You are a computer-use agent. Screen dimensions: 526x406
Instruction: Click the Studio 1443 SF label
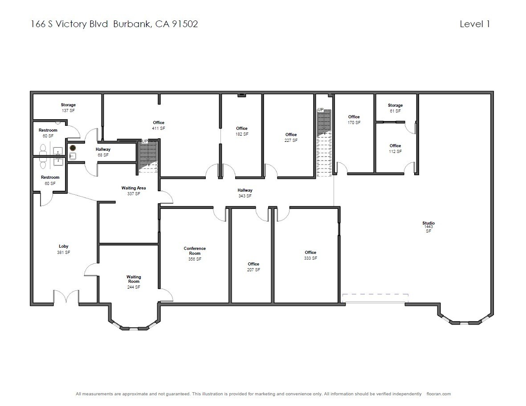428,227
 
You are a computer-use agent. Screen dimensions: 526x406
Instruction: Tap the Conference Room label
195,253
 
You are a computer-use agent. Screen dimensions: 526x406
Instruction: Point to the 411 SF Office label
159,125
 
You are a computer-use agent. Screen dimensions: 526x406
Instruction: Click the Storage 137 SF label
68,108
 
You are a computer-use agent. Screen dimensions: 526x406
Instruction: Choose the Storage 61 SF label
395,108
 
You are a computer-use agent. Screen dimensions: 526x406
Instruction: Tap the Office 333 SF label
310,255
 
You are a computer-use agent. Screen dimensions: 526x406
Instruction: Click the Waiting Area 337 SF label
134,191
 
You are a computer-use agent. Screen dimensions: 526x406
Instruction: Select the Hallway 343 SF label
245,193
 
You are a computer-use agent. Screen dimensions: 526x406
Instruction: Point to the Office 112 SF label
395,149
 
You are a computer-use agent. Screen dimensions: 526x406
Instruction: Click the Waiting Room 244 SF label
134,282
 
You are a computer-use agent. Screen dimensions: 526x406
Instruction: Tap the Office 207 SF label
253,267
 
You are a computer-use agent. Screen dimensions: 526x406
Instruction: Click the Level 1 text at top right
475,24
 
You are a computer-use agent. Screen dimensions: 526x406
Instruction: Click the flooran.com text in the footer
438,394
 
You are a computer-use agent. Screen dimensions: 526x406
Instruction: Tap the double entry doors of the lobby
66,297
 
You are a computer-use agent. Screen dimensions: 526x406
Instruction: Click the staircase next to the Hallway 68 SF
148,157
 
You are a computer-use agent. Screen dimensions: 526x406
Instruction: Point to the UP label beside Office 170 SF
321,109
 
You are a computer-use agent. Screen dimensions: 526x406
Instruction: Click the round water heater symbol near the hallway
73,147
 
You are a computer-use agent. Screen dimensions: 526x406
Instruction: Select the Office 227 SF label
291,137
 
